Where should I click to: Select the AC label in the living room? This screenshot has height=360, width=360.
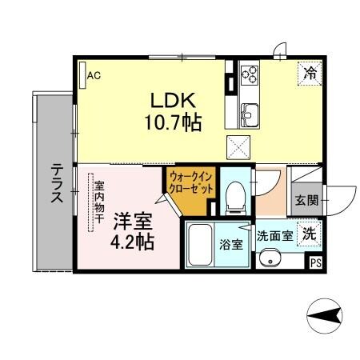(x=94, y=76)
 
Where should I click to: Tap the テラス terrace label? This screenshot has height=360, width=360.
(x=58, y=186)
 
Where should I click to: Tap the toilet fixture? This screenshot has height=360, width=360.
(x=235, y=196)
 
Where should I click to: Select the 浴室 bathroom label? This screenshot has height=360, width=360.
(x=231, y=245)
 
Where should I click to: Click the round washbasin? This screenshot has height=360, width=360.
(x=270, y=258)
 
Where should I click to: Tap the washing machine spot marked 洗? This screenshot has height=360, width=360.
(x=308, y=234)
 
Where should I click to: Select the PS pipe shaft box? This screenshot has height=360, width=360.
(x=315, y=262)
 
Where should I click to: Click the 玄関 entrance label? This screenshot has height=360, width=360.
(x=305, y=199)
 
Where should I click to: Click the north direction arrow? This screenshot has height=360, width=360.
(x=325, y=318)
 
